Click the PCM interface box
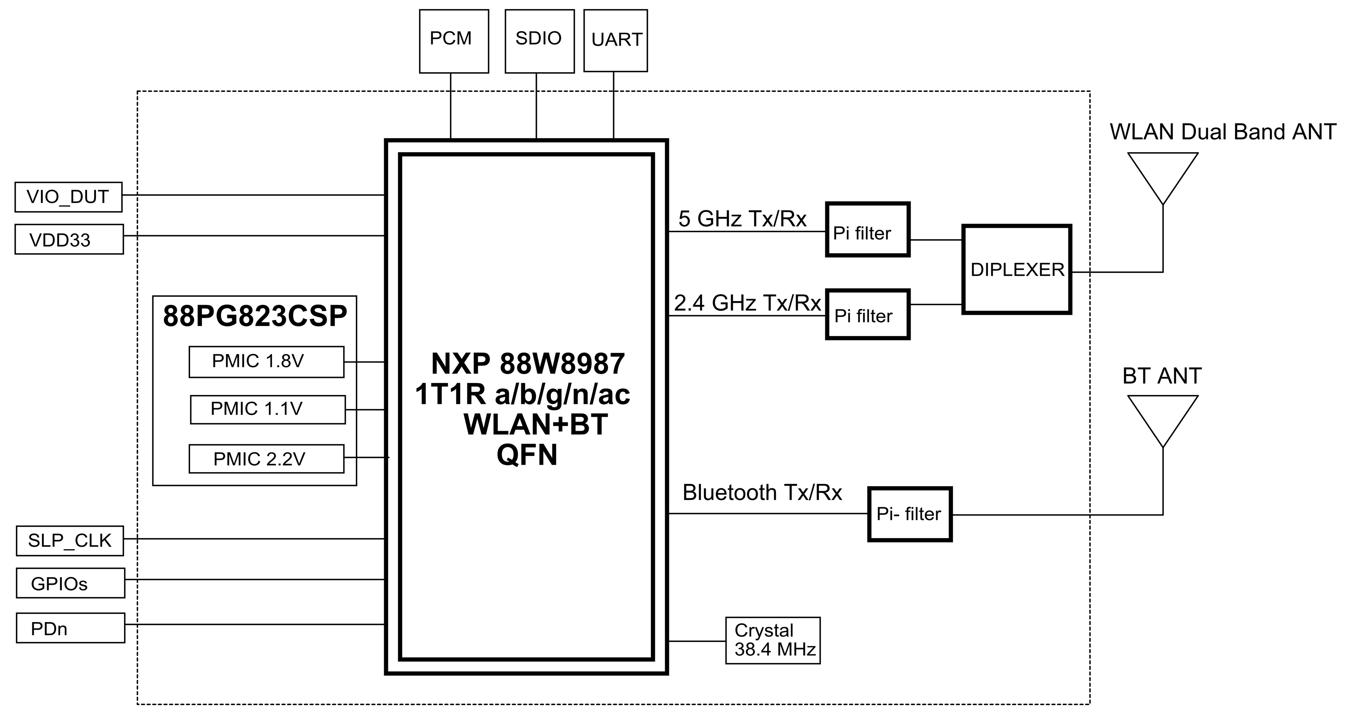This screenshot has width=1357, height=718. point(454,41)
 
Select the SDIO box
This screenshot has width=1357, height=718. point(539,41)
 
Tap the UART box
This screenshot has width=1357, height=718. point(615,41)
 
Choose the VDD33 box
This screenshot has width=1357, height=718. point(69,239)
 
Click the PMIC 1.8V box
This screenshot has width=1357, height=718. point(267,362)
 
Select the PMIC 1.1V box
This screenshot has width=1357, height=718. point(268,410)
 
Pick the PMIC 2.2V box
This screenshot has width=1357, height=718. point(267,458)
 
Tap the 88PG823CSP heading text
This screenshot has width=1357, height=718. point(255,316)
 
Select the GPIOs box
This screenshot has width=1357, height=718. point(70,583)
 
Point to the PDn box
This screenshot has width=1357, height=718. point(70,628)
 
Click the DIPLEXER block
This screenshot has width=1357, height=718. point(1017,270)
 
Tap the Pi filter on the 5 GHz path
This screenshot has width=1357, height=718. point(868,229)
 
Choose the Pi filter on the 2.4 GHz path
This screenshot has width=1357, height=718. point(868,314)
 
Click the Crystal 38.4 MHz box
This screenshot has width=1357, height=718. point(773,640)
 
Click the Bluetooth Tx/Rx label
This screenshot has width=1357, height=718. point(762,493)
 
